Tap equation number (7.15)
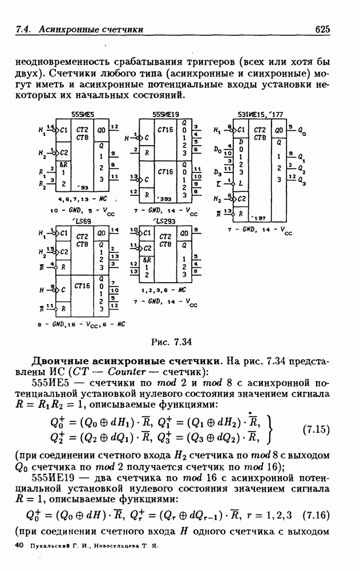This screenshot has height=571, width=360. (316, 428)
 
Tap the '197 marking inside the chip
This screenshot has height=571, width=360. (260, 218)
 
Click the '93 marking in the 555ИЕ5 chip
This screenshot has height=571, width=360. (83, 187)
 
